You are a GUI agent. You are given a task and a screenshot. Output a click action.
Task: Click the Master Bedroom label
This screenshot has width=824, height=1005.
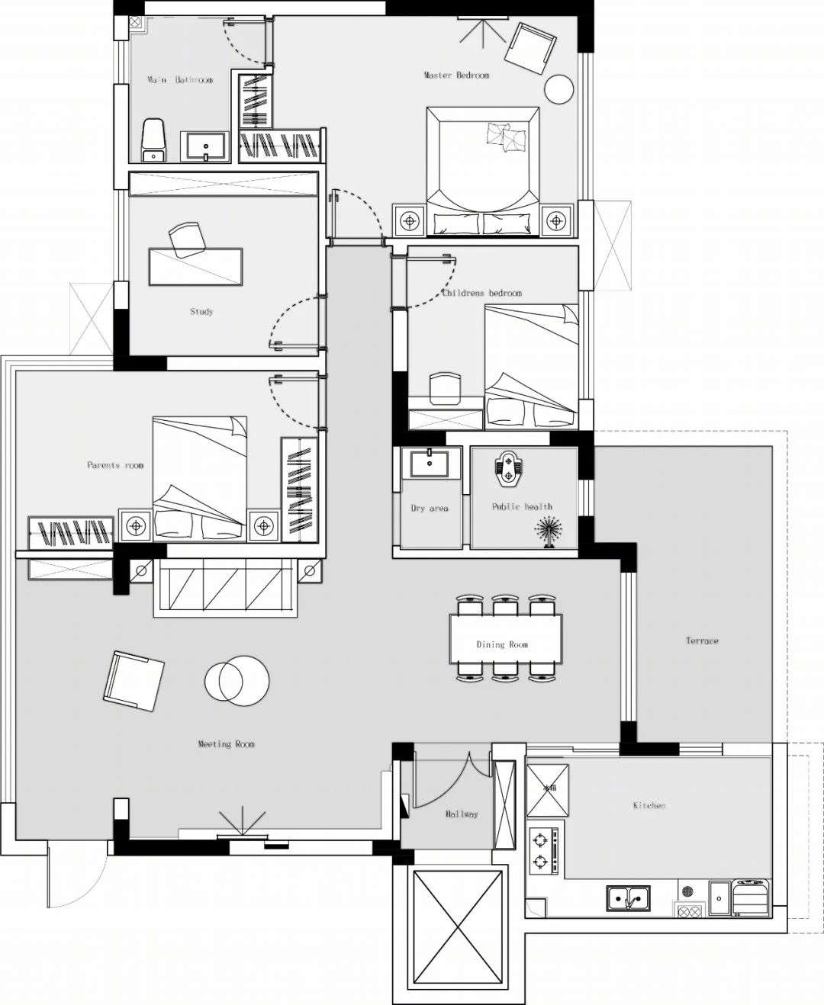456,75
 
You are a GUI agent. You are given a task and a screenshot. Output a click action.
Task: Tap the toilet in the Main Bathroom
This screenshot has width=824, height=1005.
153,140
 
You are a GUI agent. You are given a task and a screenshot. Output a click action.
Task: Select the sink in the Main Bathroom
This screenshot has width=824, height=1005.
205,146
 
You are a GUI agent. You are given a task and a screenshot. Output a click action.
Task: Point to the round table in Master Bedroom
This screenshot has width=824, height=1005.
558,89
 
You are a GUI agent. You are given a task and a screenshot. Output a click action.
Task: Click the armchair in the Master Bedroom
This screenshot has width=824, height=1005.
530,48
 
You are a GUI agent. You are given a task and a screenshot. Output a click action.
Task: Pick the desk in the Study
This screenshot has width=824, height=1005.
195,267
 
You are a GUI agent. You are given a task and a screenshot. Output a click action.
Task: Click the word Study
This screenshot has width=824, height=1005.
201,312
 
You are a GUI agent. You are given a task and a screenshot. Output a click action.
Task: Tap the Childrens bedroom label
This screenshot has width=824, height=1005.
481,293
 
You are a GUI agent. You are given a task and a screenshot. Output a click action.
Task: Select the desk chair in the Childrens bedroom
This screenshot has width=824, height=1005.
445,388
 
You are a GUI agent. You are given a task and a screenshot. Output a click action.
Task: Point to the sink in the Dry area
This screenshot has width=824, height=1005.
430,462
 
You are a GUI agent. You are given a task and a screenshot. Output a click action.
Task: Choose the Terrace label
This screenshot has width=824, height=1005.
702,641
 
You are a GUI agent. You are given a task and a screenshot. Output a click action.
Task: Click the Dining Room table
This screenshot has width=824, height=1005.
505,639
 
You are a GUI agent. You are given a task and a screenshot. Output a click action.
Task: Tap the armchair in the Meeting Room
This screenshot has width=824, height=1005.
134,682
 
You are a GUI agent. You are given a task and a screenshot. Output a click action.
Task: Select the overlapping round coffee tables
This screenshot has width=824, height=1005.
237,681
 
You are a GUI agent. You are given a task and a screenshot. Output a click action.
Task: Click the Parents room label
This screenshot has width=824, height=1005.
115,465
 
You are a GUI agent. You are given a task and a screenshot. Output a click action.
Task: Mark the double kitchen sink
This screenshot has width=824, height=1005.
628,899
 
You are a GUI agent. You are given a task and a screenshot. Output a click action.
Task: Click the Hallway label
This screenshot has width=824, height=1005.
462,814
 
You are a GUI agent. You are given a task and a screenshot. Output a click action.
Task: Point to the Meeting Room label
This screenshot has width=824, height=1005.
226,744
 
